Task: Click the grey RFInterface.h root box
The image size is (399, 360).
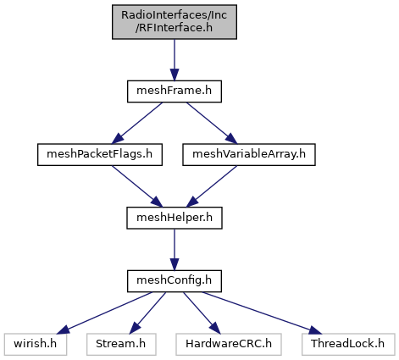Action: [x=175, y=22]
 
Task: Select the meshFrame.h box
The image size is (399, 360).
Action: [x=175, y=91]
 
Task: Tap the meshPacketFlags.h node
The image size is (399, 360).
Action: [x=100, y=154]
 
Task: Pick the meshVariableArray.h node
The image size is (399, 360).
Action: [x=249, y=154]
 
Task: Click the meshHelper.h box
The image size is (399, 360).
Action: [x=175, y=218]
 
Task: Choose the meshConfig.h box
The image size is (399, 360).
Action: [x=175, y=281]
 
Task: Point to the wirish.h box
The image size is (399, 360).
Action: [x=36, y=344]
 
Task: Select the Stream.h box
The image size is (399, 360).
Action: [x=121, y=344]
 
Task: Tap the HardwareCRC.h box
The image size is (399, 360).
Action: [x=229, y=344]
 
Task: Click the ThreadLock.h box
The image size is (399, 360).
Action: [x=348, y=344]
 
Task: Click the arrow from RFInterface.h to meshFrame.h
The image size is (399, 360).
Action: [x=175, y=60]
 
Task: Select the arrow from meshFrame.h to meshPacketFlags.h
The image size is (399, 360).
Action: [x=137, y=123]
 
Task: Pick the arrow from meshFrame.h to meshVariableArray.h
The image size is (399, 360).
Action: [x=212, y=123]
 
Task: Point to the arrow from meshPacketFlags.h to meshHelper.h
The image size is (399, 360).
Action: [x=137, y=186]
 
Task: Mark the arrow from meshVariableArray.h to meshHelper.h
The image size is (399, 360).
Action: [x=212, y=186]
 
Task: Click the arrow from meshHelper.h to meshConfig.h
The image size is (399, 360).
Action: [x=175, y=250]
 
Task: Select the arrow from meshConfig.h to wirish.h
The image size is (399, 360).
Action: [x=105, y=313]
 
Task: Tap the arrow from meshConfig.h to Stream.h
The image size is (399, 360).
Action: [x=147, y=313]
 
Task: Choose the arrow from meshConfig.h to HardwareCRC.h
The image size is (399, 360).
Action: [x=202, y=313]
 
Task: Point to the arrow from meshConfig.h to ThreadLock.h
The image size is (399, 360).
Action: [x=263, y=313]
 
